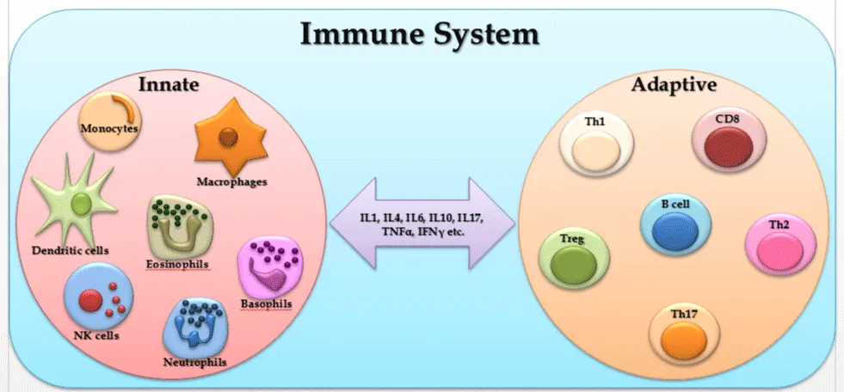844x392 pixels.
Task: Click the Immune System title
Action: point(419,35)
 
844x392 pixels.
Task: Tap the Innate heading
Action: point(169,84)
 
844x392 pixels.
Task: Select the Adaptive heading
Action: point(674,85)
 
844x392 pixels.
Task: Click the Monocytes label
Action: point(110,128)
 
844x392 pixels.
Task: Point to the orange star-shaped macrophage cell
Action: point(230,137)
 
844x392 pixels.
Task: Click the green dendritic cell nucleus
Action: point(81,205)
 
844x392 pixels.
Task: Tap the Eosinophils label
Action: point(177,264)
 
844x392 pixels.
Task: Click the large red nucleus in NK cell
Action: point(89,301)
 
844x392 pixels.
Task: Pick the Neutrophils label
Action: point(194,362)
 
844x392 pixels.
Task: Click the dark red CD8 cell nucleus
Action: point(728,147)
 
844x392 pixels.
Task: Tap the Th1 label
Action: point(594,121)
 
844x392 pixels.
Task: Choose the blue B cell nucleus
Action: point(675,230)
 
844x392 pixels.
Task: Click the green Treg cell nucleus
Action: point(575,265)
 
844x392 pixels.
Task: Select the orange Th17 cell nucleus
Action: point(684,340)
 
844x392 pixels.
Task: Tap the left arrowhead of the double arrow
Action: point(353,223)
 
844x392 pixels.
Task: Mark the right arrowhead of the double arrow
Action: point(492,223)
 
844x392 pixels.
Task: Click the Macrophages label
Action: point(231,181)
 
